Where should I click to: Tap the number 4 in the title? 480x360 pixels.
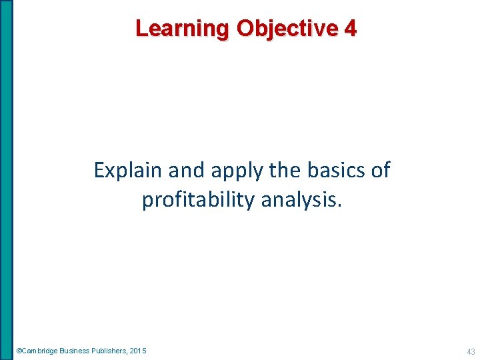(x=351, y=29)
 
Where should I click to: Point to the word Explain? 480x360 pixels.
(x=127, y=171)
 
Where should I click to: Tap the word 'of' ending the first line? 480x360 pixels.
(x=381, y=171)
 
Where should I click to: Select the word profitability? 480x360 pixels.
(x=198, y=199)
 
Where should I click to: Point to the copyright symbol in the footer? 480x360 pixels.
(x=19, y=351)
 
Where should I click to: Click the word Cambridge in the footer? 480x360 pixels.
(x=40, y=351)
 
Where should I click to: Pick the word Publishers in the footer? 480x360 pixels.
(x=110, y=351)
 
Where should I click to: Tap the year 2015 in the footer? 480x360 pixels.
(x=139, y=351)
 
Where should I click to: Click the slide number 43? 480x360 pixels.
(x=471, y=351)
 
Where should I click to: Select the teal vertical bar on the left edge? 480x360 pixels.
(x=6, y=180)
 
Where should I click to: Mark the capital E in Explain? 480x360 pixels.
(x=99, y=171)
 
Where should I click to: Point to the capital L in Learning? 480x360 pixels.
(x=141, y=29)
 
